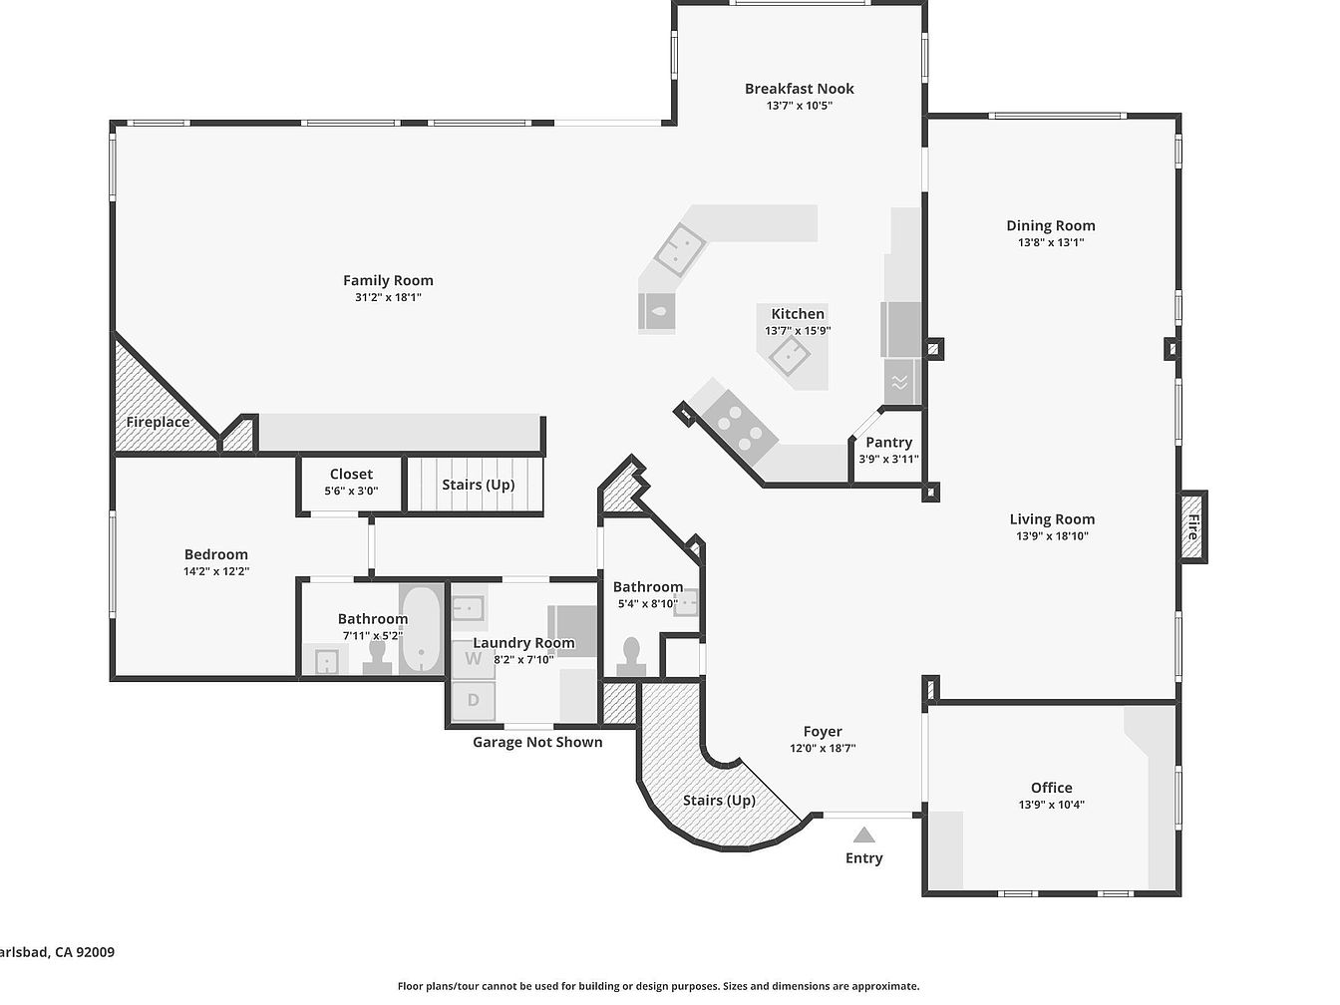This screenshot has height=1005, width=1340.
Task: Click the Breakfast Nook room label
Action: pyautogui.click(x=799, y=89)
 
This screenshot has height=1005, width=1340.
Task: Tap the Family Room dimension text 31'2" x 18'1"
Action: pyautogui.click(x=388, y=297)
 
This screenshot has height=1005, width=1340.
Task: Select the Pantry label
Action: pyautogui.click(x=888, y=442)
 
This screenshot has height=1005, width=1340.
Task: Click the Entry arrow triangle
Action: pyautogui.click(x=863, y=835)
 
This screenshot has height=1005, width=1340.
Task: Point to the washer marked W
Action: pyautogui.click(x=474, y=660)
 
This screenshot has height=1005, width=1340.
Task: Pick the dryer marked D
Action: pyautogui.click(x=474, y=701)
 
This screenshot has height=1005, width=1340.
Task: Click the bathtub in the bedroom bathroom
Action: pyautogui.click(x=421, y=629)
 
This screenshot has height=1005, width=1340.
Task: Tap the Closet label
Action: pyautogui.click(x=351, y=475)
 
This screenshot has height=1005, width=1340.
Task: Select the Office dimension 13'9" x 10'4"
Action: pyautogui.click(x=1051, y=805)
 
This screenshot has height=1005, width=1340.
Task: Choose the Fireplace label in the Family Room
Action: pyautogui.click(x=158, y=423)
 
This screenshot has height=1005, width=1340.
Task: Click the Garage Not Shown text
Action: pyautogui.click(x=537, y=742)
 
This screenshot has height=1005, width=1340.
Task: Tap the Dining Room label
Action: pyautogui.click(x=1051, y=225)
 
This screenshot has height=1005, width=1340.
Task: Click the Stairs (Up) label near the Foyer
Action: pyautogui.click(x=719, y=800)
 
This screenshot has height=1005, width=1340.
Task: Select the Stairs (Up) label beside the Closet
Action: pyautogui.click(x=478, y=485)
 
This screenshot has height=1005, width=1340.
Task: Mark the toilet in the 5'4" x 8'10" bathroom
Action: pyautogui.click(x=631, y=656)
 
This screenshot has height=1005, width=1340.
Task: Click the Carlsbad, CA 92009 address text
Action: pyautogui.click(x=58, y=952)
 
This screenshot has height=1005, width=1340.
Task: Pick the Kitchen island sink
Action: pyautogui.click(x=790, y=355)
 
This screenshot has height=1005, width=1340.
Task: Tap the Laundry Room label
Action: pyautogui.click(x=523, y=642)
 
